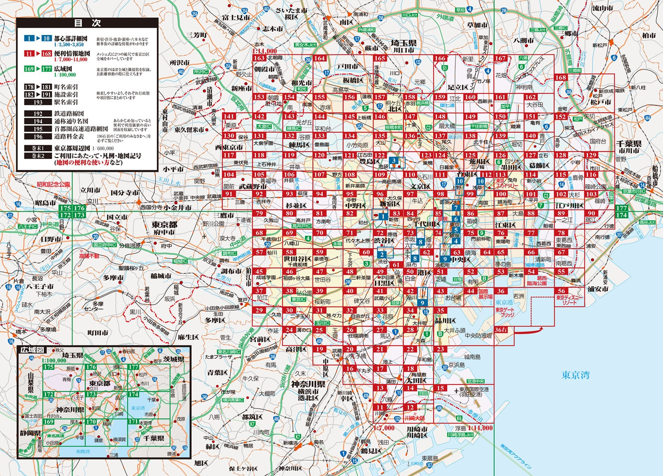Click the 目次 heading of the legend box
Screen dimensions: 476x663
click(x=87, y=23)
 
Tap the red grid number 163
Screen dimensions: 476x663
click(x=259, y=58)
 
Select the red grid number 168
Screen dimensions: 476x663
click(x=560, y=77)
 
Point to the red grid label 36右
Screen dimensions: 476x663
click(x=501, y=330)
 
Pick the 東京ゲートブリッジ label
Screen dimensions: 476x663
click(x=504, y=312)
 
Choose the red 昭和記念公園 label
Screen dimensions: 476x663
click(x=53, y=184)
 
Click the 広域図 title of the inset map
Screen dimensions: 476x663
click(x=32, y=349)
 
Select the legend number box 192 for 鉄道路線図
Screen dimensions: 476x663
click(x=38, y=114)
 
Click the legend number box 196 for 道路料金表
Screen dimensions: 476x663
click(x=38, y=137)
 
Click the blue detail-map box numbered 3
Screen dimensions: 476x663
click(x=394, y=161)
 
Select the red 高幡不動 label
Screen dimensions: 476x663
click(x=89, y=256)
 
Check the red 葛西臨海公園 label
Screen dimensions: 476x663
click(x=536, y=280)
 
